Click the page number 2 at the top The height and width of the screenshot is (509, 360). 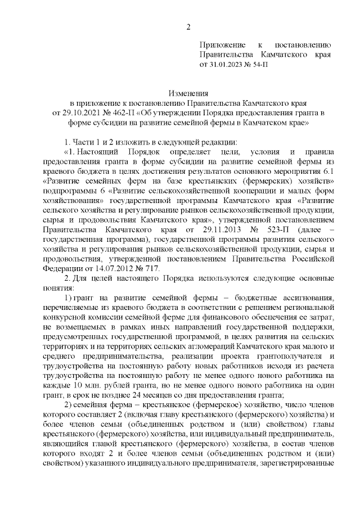[189, 27]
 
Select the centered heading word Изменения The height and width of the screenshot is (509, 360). [189, 93]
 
